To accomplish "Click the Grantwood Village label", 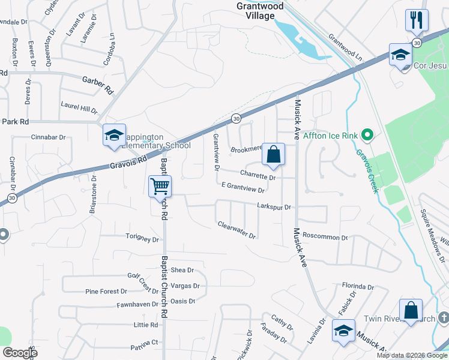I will click(x=259, y=11).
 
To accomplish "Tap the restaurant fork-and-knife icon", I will click(x=416, y=20).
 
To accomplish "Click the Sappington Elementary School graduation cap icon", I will click(x=113, y=135).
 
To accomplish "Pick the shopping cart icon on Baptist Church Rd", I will click(x=160, y=187).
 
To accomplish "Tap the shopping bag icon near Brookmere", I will click(x=273, y=154).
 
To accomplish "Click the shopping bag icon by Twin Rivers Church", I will click(x=411, y=310).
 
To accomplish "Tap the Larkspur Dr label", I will click(x=274, y=207).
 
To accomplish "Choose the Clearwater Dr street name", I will click(x=237, y=230).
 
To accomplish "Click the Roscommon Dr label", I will click(x=325, y=237).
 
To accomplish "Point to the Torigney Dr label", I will click(x=142, y=239).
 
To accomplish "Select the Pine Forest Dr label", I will click(x=106, y=292).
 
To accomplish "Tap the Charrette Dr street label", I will click(x=258, y=175).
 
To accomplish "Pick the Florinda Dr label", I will click(x=358, y=287).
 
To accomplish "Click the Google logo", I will click(x=20, y=353).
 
